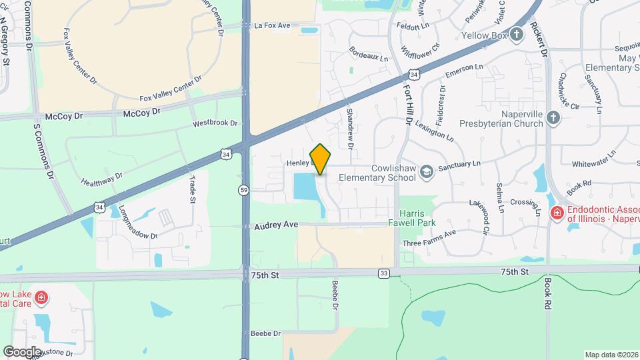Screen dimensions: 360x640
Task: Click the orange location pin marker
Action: [x=321, y=159]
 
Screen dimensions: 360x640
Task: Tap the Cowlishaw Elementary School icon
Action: [x=427, y=171]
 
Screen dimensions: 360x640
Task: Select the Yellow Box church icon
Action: [x=517, y=35]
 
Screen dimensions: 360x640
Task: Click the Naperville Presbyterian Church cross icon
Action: [x=553, y=118]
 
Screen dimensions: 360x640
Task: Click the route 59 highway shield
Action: [x=245, y=190]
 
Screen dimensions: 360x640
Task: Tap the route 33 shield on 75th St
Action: [x=383, y=273]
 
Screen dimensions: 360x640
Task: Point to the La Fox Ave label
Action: [x=273, y=25]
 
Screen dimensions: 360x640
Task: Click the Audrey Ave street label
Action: [x=276, y=225]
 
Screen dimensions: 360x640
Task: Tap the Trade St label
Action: [x=193, y=187]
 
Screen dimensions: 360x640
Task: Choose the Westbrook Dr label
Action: [x=215, y=123]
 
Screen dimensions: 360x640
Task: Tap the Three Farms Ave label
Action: [x=429, y=238]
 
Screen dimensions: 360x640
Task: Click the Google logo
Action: [x=22, y=351]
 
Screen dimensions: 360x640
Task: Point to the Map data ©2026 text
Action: [x=611, y=355]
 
